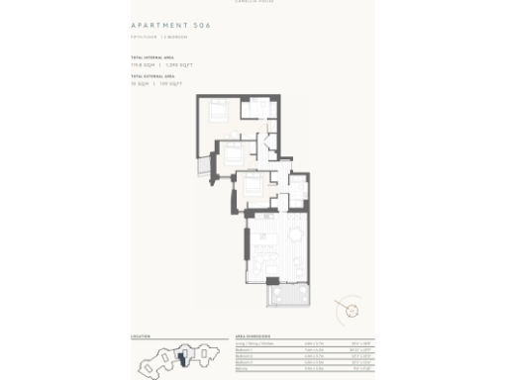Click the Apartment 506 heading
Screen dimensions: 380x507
click(x=170, y=25)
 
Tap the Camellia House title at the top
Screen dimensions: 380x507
click(x=253, y=2)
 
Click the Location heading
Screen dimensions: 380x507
click(x=141, y=336)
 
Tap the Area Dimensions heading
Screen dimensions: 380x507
click(x=255, y=336)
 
